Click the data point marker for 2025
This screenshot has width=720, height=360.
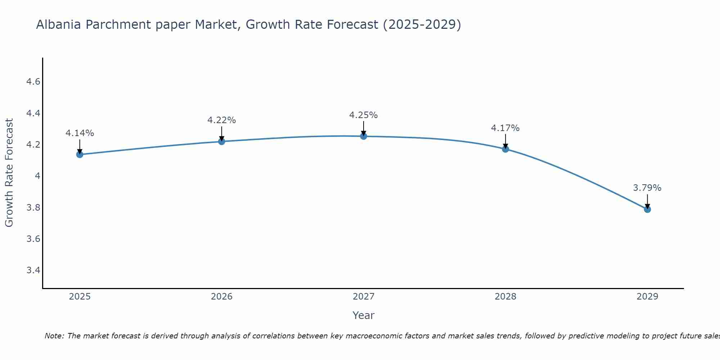[80, 154]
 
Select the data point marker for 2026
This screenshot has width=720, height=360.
[221, 141]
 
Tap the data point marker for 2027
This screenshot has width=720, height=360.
[363, 136]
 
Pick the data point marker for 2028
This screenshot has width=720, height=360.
[505, 149]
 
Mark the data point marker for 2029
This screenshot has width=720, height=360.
[647, 209]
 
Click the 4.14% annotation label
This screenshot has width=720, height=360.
[80, 133]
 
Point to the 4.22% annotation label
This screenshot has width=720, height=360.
[221, 120]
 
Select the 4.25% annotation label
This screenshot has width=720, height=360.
[363, 115]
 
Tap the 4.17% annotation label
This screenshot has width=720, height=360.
[505, 128]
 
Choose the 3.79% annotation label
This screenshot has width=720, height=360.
[647, 188]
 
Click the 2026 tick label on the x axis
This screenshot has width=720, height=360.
[221, 297]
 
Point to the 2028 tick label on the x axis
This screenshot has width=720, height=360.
[505, 297]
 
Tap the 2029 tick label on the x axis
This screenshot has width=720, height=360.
[647, 297]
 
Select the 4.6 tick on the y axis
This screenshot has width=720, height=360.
[33, 82]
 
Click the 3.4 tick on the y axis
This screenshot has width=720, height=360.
[33, 270]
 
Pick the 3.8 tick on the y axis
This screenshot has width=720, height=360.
[33, 208]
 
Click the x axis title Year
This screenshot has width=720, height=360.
[363, 315]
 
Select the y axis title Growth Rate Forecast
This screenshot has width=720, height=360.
[9, 173]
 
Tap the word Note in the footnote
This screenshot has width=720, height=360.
[54, 336]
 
